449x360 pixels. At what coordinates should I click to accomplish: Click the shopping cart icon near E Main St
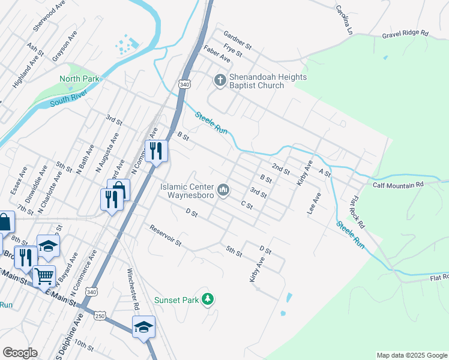44,277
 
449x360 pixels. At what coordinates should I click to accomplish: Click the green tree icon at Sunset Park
208,299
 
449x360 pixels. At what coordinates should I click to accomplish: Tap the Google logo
20,353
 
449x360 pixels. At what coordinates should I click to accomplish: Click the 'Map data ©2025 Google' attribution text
411,355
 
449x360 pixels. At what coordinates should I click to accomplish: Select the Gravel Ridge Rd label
405,35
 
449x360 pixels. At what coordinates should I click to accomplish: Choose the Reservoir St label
166,235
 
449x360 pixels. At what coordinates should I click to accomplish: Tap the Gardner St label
237,40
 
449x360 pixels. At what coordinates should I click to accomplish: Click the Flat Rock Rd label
357,212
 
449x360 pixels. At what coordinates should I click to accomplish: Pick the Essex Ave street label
19,181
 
